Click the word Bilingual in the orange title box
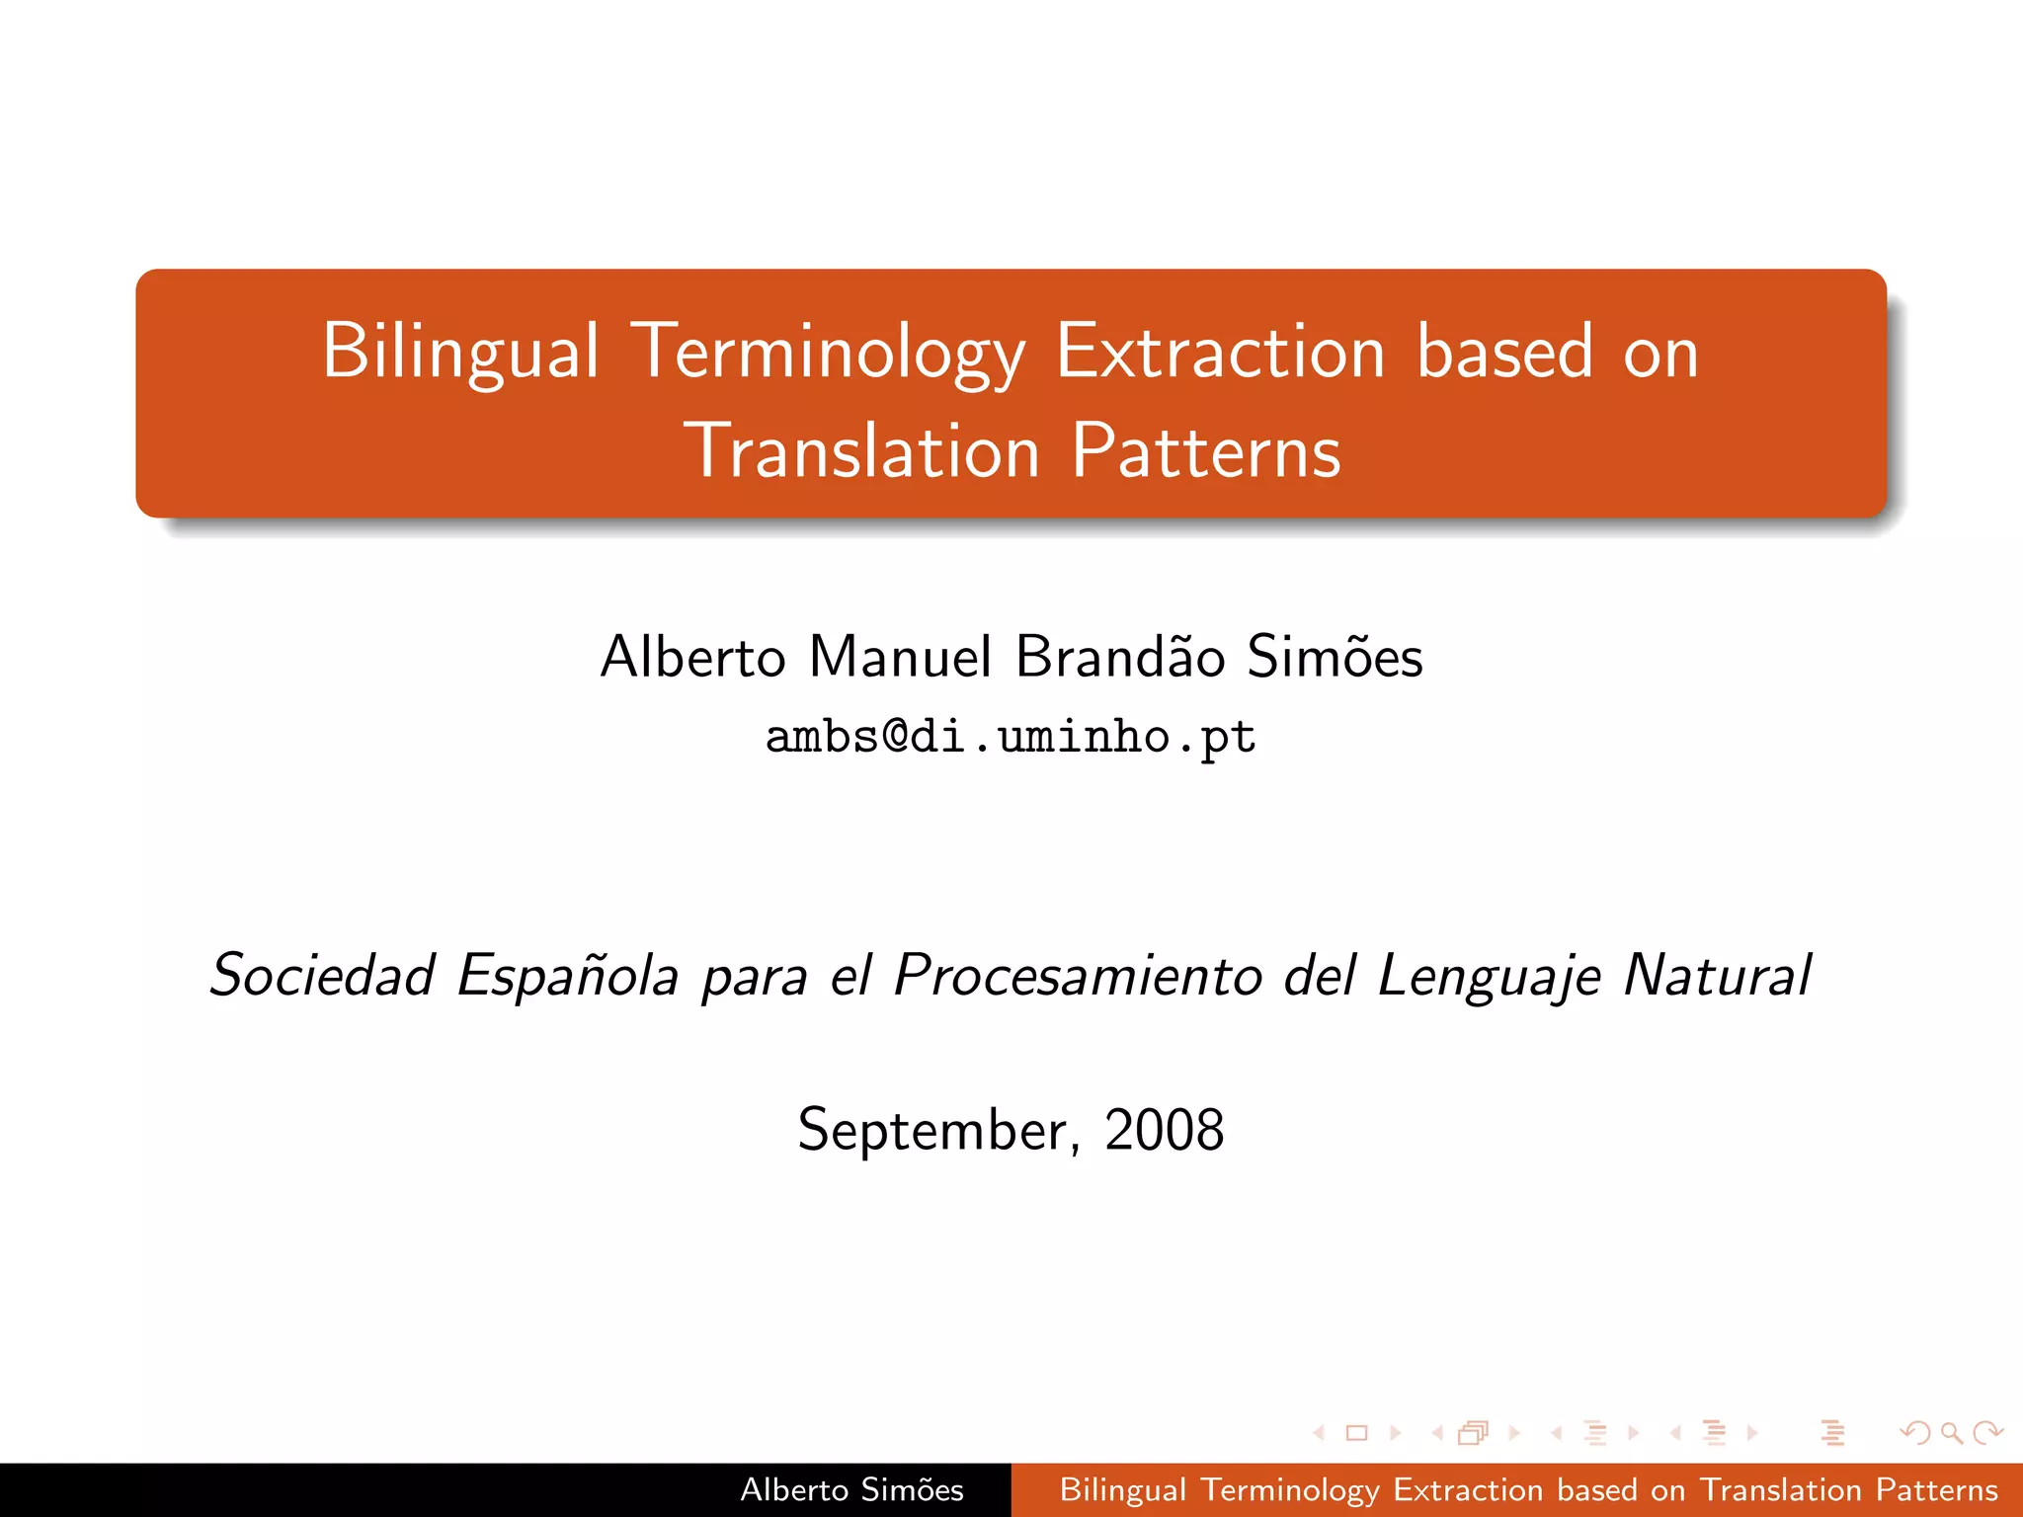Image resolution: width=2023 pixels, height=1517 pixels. [x=460, y=353]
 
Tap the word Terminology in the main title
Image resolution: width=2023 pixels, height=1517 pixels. [x=828, y=353]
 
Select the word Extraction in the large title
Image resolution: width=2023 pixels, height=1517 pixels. [x=1220, y=353]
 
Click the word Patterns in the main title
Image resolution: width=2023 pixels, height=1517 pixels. [x=1206, y=451]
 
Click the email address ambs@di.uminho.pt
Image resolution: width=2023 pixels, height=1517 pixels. [x=1011, y=737]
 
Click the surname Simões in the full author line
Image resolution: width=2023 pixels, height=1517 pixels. [x=1334, y=657]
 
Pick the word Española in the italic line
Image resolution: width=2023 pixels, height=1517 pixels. [x=568, y=976]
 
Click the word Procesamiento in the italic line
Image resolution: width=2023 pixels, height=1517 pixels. [x=1078, y=976]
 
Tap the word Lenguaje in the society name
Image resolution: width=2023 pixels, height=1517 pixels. [x=1489, y=976]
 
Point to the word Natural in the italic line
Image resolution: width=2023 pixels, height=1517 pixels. [x=1718, y=976]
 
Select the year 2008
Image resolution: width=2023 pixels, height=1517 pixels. [x=1164, y=1130]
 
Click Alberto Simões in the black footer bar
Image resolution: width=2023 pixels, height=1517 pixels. [x=851, y=1489]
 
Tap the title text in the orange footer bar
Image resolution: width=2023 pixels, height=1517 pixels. [x=1528, y=1489]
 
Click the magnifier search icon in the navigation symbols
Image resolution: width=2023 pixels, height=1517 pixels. [x=1950, y=1432]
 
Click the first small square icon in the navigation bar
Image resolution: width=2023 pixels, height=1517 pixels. [x=1356, y=1432]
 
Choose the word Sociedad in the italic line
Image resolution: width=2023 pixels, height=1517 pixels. [x=322, y=976]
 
